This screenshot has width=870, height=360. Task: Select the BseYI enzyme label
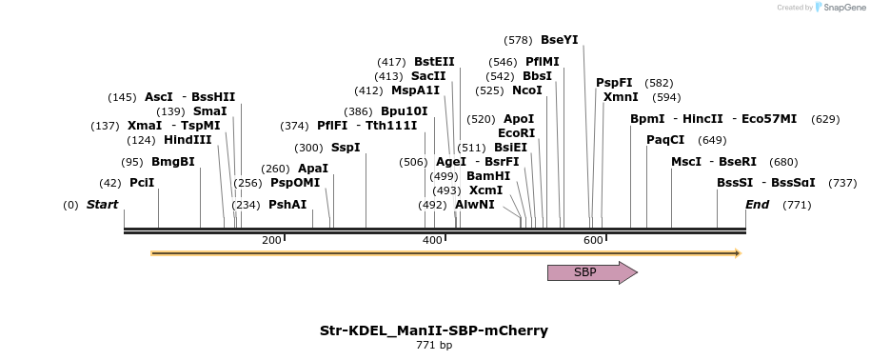pyautogui.click(x=559, y=40)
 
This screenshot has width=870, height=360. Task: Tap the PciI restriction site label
pyautogui.click(x=142, y=183)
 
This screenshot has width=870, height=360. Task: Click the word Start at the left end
pyautogui.click(x=103, y=205)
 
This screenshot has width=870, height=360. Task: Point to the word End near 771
pyautogui.click(x=757, y=205)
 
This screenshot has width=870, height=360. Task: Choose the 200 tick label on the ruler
pyautogui.click(x=271, y=240)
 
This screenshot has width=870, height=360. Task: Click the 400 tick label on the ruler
pyautogui.click(x=433, y=240)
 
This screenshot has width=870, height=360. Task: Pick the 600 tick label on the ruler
pyautogui.click(x=593, y=240)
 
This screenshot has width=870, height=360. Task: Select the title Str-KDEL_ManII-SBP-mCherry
pyautogui.click(x=434, y=330)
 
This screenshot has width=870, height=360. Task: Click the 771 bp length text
pyautogui.click(x=434, y=345)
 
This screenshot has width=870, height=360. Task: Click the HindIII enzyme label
pyautogui.click(x=187, y=140)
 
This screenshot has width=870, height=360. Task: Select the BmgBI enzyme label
pyautogui.click(x=172, y=162)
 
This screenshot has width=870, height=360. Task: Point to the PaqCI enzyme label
pyautogui.click(x=665, y=140)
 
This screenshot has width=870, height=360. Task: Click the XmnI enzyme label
pyautogui.click(x=621, y=97)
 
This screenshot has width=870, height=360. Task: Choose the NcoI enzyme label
pyautogui.click(x=526, y=90)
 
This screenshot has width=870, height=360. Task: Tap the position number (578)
pyautogui.click(x=518, y=40)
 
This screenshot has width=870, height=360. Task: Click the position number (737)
pyautogui.click(x=842, y=183)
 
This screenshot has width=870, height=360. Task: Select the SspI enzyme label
pyautogui.click(x=346, y=148)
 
